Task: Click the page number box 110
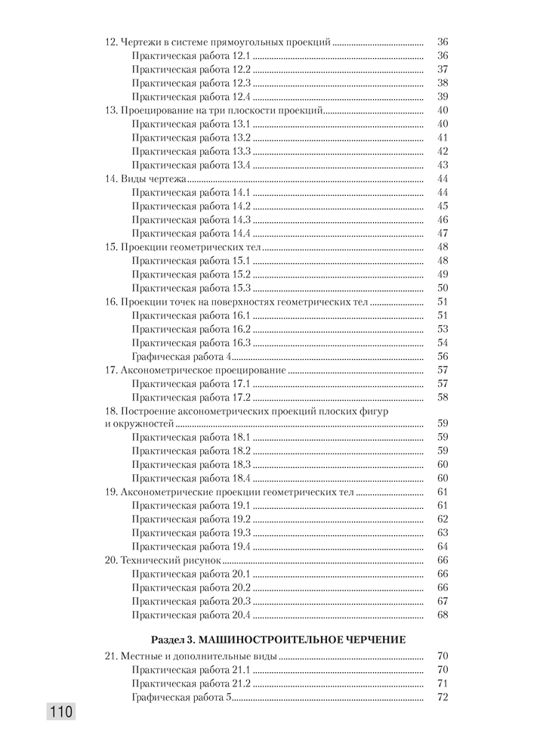click(61, 711)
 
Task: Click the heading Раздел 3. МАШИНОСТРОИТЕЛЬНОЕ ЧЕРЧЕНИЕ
click(279, 640)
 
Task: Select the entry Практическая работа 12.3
click(191, 82)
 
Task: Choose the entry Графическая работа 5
click(181, 697)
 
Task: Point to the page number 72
click(443, 697)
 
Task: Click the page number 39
click(443, 97)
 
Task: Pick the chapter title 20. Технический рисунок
click(162, 561)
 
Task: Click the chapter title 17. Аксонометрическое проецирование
click(195, 370)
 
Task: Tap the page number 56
click(443, 357)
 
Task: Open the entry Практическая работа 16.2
click(191, 329)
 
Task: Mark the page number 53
click(443, 329)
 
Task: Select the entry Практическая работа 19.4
click(191, 547)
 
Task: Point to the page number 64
click(443, 547)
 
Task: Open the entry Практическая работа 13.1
click(191, 124)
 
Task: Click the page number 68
click(443, 615)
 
